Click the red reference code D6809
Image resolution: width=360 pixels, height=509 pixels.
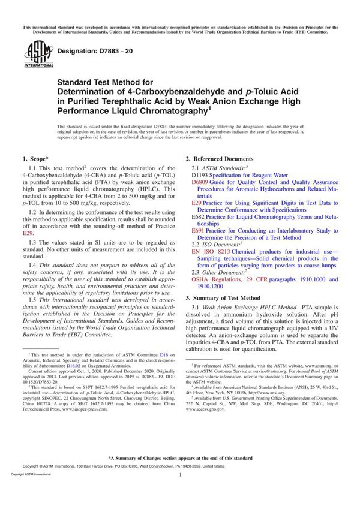199,181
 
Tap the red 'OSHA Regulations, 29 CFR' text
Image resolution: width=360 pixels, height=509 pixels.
228,279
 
